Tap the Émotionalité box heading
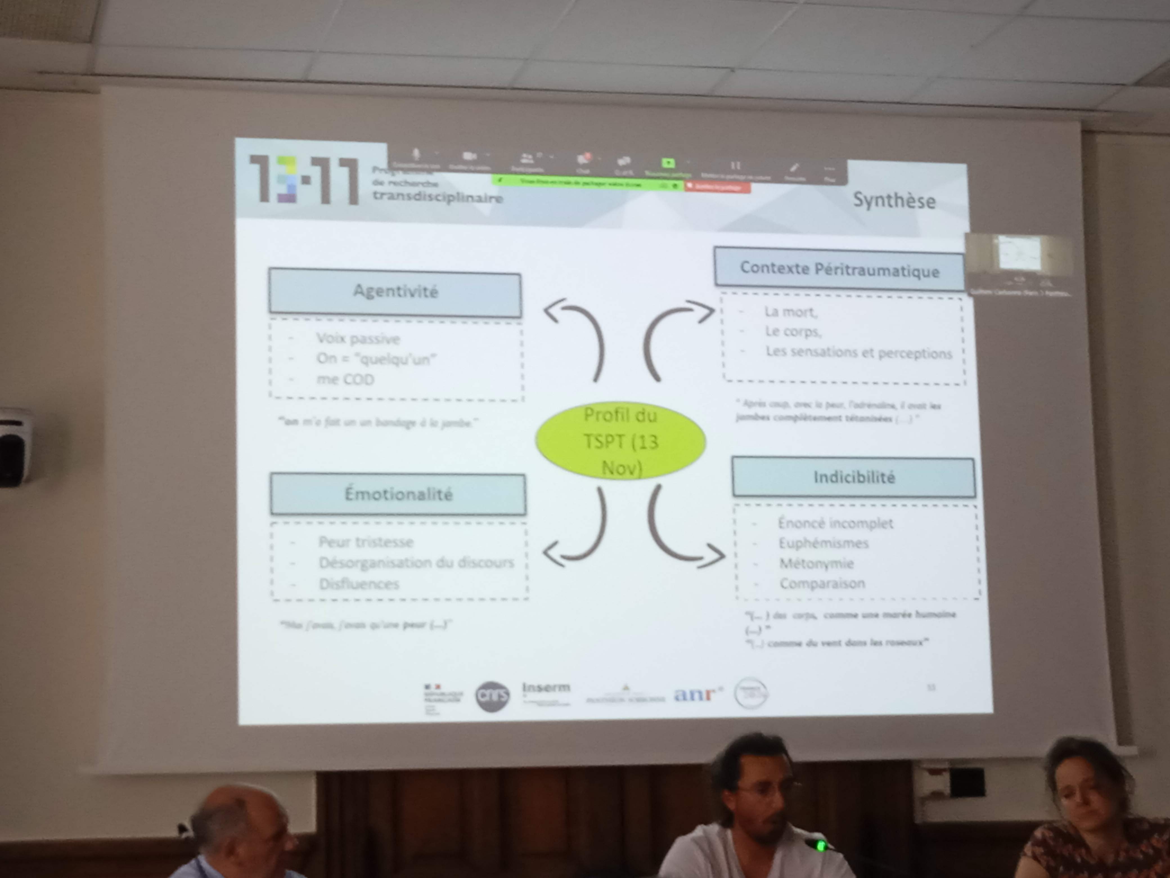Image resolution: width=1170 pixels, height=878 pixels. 398,494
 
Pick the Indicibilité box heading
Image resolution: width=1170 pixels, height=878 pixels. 854,477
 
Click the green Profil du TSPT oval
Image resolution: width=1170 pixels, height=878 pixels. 620,441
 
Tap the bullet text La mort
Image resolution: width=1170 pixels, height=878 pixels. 790,312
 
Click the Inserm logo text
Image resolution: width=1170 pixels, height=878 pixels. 546,687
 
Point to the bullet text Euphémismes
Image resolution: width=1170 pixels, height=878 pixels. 823,543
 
